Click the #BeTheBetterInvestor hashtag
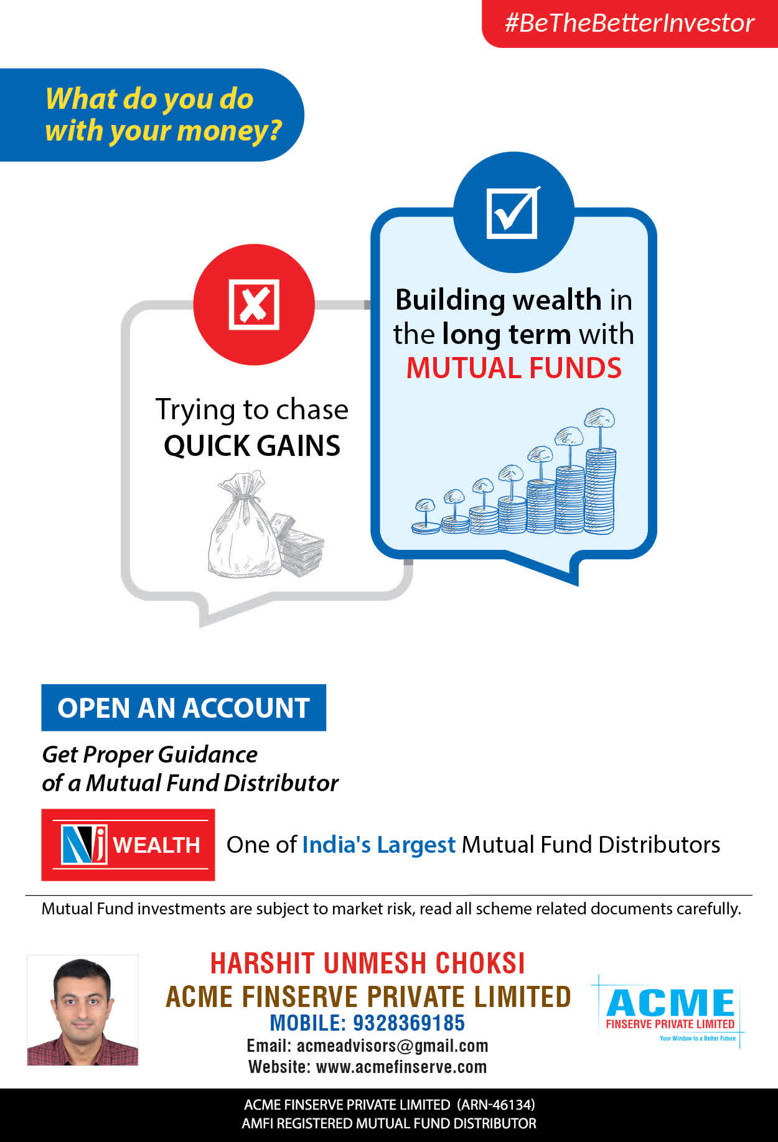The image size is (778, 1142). click(629, 23)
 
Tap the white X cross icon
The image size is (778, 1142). click(254, 304)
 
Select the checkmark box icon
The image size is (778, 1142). click(513, 212)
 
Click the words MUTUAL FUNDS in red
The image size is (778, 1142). click(514, 368)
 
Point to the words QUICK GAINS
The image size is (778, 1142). click(252, 445)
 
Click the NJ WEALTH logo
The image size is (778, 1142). click(128, 845)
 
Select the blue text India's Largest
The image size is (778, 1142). click(379, 845)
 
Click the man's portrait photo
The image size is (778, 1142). click(83, 1010)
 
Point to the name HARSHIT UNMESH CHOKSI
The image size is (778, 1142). click(368, 963)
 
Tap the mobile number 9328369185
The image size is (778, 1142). click(409, 1023)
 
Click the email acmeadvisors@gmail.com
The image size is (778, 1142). click(393, 1046)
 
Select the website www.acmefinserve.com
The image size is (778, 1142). click(401, 1067)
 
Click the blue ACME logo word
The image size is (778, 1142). click(670, 1003)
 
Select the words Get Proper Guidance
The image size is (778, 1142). click(149, 754)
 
